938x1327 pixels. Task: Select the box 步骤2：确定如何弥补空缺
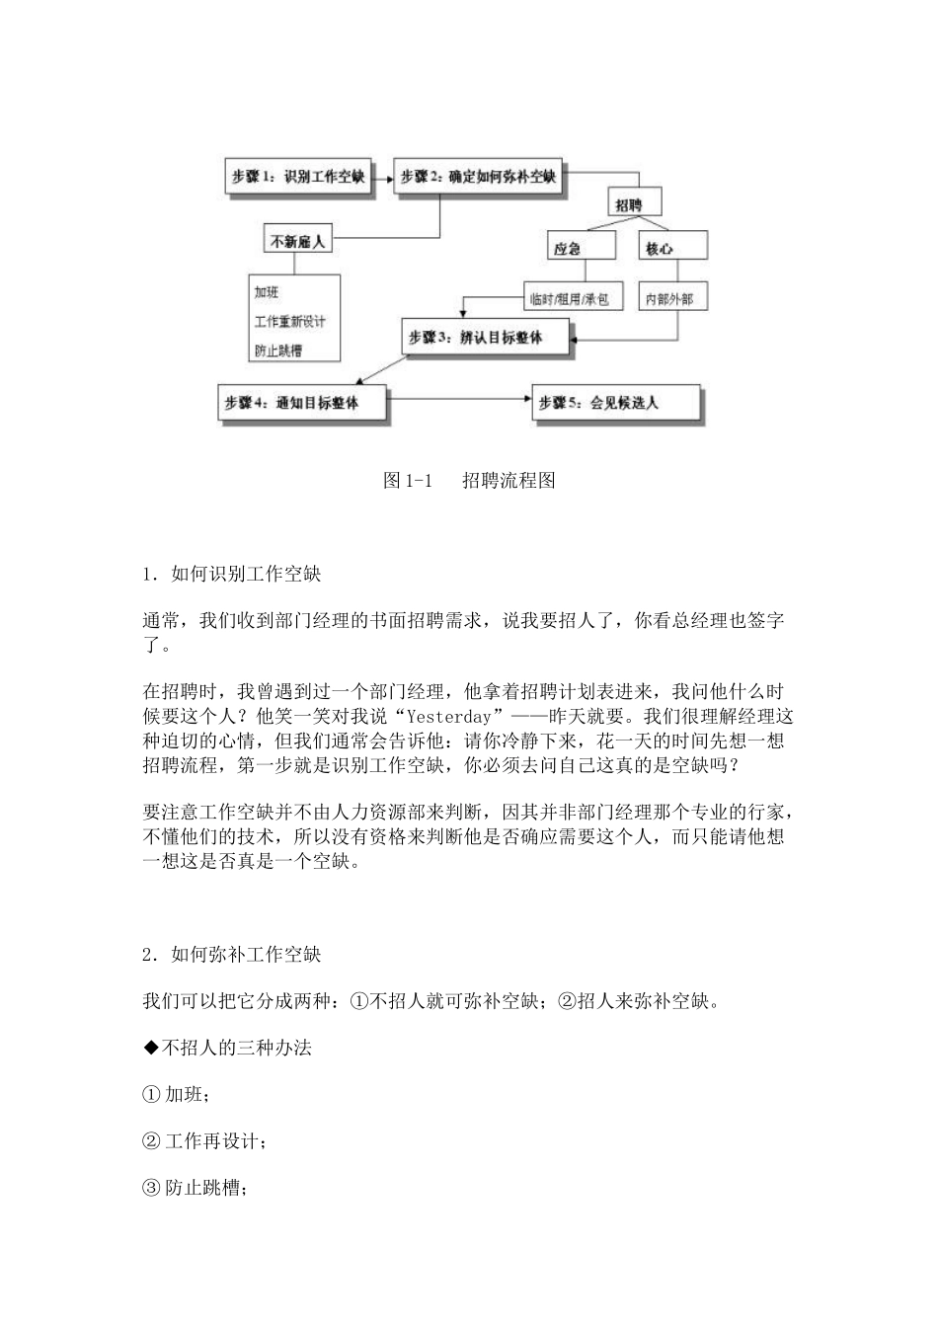(x=478, y=178)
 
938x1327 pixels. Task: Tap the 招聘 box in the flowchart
(x=629, y=204)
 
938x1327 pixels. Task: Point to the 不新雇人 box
(x=298, y=240)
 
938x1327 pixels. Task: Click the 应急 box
(x=568, y=249)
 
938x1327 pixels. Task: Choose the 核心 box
(x=659, y=249)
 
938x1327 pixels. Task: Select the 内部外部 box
(x=669, y=298)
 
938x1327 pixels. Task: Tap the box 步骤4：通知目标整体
(x=302, y=403)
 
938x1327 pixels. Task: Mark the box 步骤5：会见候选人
(x=614, y=403)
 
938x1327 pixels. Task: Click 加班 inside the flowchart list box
(x=267, y=292)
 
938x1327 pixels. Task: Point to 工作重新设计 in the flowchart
(x=289, y=322)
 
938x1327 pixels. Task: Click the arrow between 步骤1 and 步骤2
(x=383, y=178)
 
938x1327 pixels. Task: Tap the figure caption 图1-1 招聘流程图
(x=469, y=481)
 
